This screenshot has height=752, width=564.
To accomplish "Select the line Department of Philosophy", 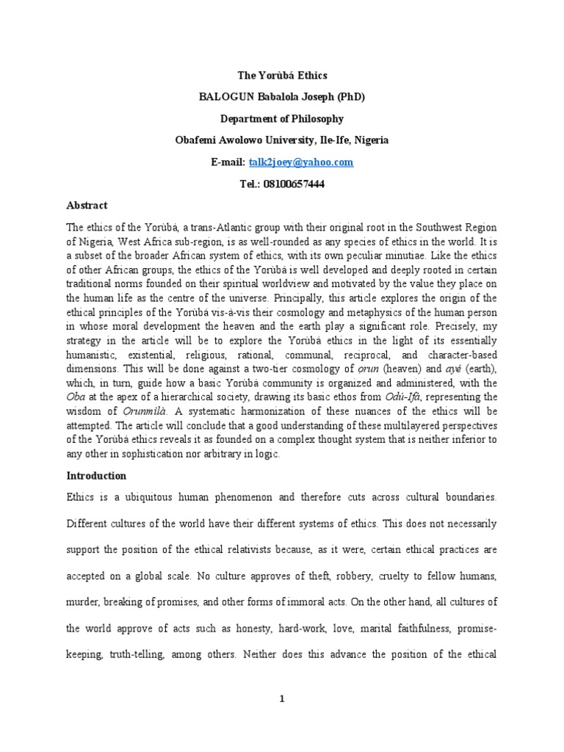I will (282, 118).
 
